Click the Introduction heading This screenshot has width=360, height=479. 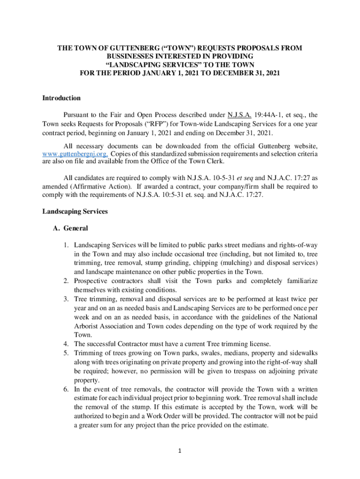coord(62,98)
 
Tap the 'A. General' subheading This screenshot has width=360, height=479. coord(71,229)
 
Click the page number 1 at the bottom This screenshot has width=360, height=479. coord(180,451)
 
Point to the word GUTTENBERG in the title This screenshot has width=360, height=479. coord(125,48)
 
